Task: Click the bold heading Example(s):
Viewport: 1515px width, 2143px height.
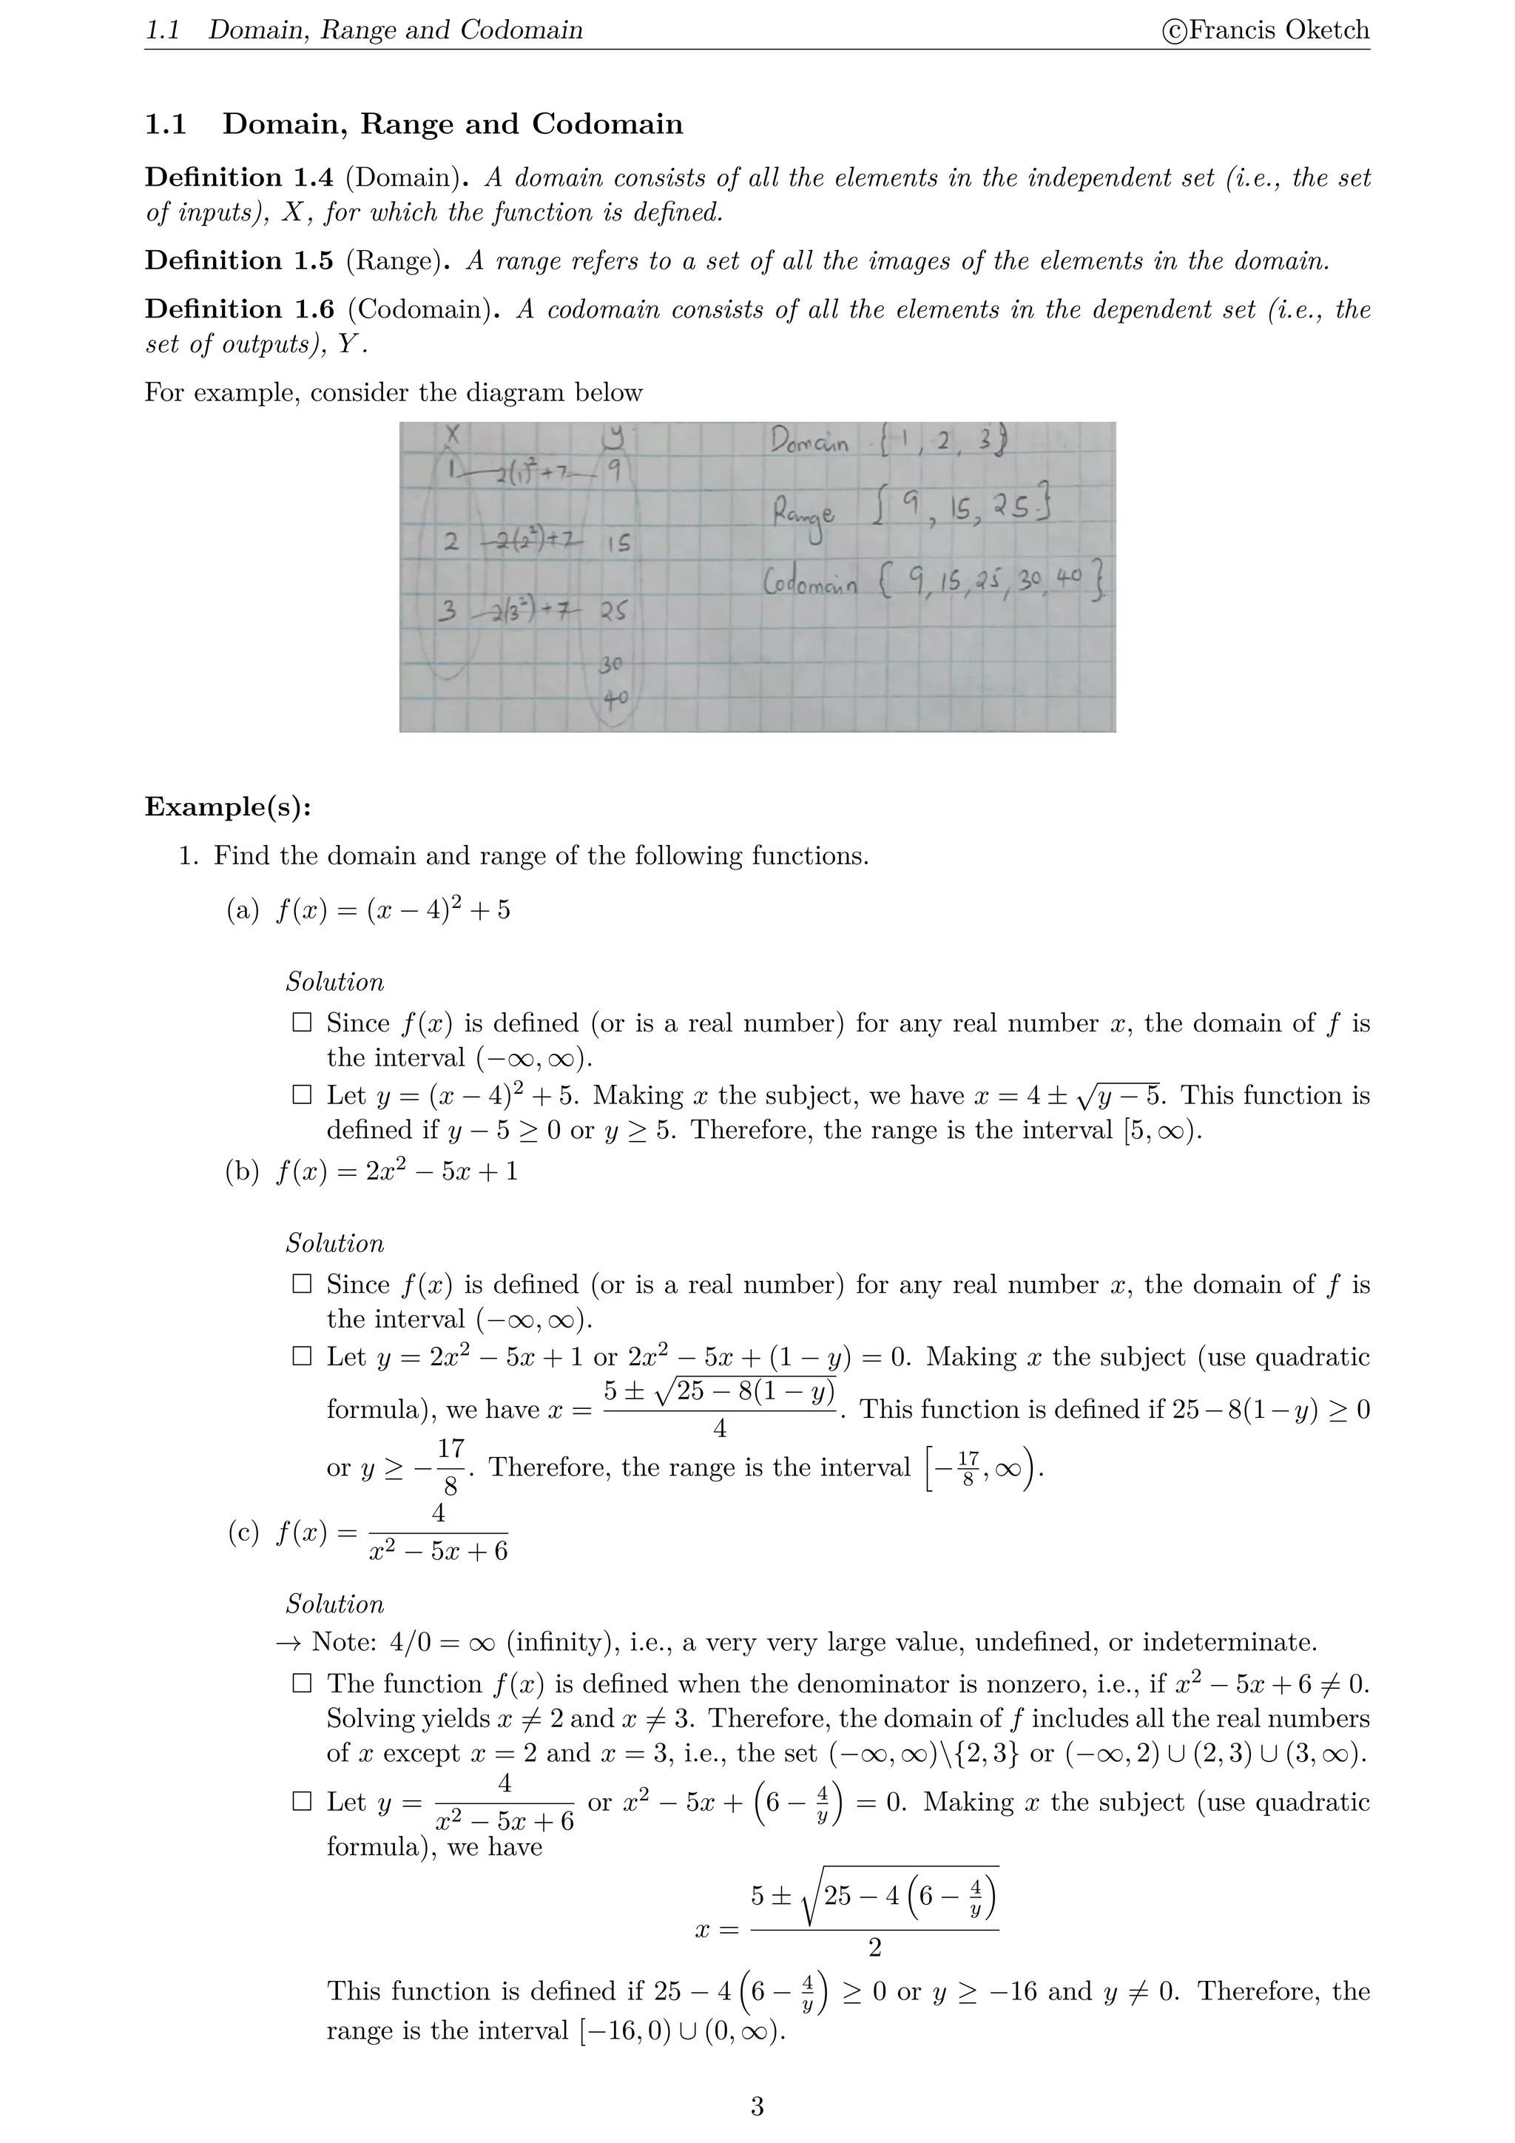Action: coord(228,807)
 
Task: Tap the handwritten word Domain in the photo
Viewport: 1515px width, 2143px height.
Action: coord(809,444)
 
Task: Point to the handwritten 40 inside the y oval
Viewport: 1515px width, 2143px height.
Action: coord(615,697)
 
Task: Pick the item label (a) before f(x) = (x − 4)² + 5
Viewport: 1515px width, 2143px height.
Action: coord(243,910)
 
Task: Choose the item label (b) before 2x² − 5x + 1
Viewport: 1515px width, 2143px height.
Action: coord(243,1171)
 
